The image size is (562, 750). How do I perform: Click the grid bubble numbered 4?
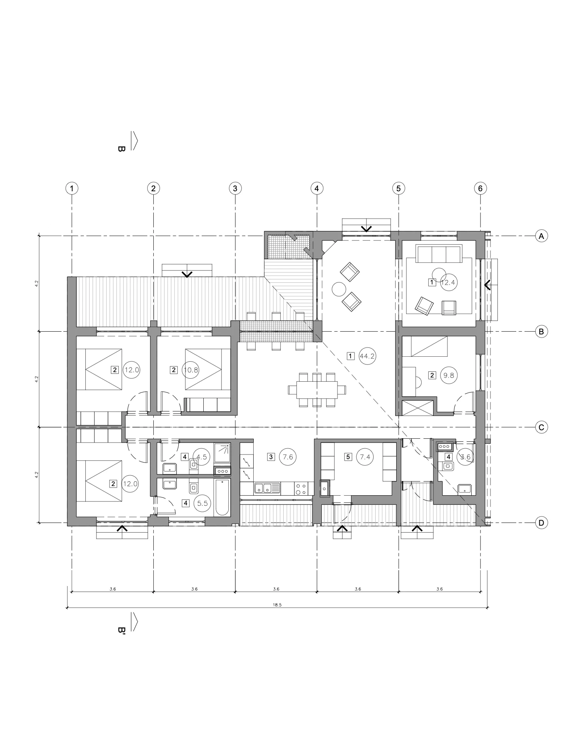pos(316,189)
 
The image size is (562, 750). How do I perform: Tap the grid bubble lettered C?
pos(541,427)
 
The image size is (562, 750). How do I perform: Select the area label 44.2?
pos(367,356)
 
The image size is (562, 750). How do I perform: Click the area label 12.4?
pos(448,282)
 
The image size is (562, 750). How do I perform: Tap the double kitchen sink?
pos(267,488)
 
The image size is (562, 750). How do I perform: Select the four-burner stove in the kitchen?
pos(301,488)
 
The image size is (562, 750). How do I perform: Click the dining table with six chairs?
pos(317,389)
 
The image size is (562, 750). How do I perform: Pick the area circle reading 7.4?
pos(365,457)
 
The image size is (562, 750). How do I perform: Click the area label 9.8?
pos(449,375)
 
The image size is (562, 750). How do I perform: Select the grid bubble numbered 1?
pos(72,189)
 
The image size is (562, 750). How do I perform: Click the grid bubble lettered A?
pos(541,236)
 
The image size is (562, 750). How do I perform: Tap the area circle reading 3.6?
pos(465,457)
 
